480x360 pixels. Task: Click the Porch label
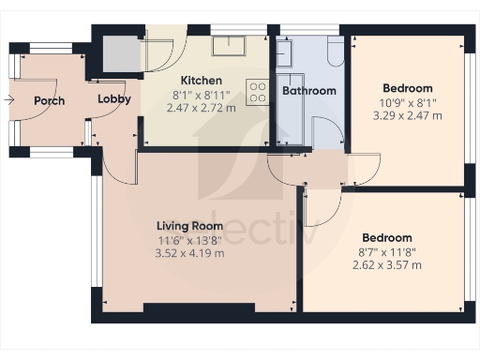click(49, 101)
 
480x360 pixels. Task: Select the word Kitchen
click(202, 81)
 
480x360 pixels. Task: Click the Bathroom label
click(310, 91)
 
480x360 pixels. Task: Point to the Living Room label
click(189, 226)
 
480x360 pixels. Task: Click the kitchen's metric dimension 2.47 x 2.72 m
click(202, 109)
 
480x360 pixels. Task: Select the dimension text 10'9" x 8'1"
click(407, 102)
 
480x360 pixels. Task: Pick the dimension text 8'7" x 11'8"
click(385, 251)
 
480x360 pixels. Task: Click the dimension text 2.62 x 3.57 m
click(385, 265)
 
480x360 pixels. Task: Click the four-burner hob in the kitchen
click(257, 92)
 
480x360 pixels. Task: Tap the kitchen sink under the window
click(228, 46)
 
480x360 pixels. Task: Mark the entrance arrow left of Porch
click(9, 98)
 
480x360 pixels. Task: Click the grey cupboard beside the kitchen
click(120, 53)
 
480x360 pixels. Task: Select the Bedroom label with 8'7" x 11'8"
click(385, 237)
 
